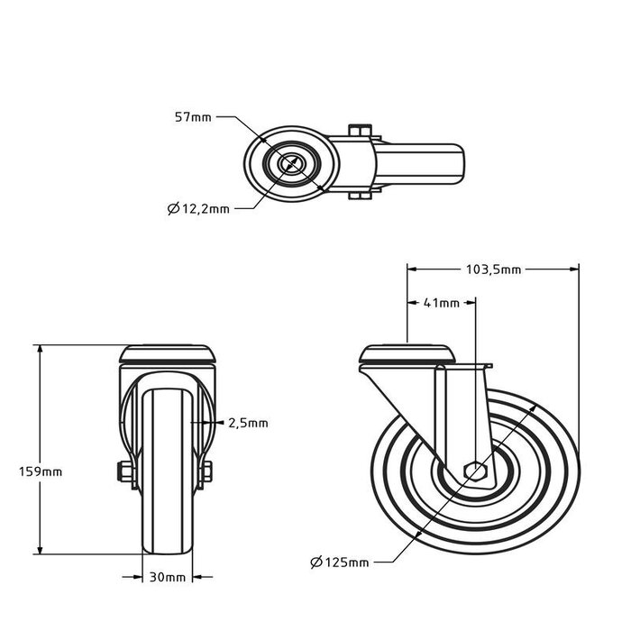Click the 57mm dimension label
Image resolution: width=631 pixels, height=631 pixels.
pyautogui.click(x=193, y=117)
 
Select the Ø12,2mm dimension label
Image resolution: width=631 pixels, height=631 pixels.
pyautogui.click(x=198, y=209)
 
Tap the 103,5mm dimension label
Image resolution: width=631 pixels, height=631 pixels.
pyautogui.click(x=492, y=269)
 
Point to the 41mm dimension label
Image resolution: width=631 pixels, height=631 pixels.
pyautogui.click(x=442, y=304)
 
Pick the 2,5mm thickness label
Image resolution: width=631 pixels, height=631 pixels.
pyautogui.click(x=248, y=423)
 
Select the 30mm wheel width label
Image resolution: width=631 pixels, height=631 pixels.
pyautogui.click(x=169, y=577)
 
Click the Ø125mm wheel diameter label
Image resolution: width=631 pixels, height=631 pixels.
pyautogui.click(x=339, y=562)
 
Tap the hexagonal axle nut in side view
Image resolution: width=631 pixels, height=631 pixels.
pyautogui.click(x=474, y=471)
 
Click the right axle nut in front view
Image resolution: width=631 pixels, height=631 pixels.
pyautogui.click(x=206, y=471)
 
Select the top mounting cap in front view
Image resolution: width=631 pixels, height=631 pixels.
pyautogui.click(x=168, y=352)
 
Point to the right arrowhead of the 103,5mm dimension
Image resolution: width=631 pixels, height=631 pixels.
pyautogui.click(x=573, y=268)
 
